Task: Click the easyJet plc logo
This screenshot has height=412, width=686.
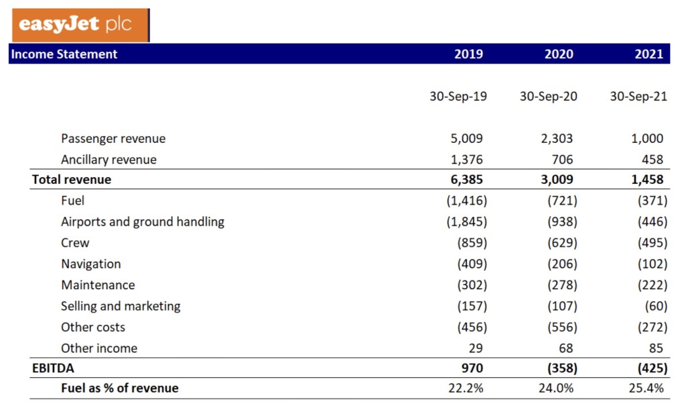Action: [80, 25]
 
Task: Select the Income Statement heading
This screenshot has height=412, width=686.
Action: [64, 54]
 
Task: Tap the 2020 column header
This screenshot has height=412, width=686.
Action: [559, 54]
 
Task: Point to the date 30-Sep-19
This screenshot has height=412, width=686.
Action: [458, 97]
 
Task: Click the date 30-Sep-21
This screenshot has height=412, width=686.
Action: [638, 97]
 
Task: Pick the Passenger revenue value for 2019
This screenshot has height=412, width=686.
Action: [467, 139]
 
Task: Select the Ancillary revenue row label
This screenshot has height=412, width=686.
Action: [109, 160]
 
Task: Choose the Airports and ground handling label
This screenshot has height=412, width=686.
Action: [143, 221]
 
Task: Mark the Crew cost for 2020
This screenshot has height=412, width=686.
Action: [561, 243]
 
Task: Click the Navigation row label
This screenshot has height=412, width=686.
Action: [91, 264]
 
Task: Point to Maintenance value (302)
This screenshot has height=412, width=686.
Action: [472, 285]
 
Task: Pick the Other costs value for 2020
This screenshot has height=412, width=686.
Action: [561, 327]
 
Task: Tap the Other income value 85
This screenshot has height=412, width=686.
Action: [656, 348]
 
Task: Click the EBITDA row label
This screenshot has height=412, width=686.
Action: [54, 368]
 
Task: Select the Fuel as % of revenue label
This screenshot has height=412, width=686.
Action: [120, 388]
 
